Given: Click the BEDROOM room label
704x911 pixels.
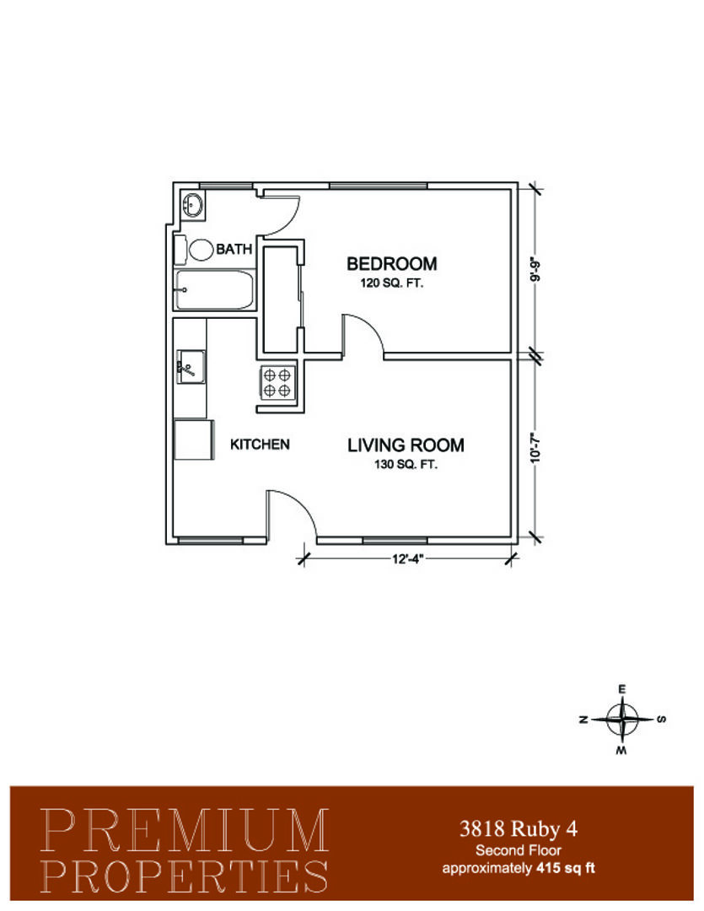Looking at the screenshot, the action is coord(391,264).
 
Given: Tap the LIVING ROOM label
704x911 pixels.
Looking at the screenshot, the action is coord(406,445).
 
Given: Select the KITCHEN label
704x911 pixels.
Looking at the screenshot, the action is coord(260,445).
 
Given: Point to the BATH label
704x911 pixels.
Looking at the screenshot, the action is coord(234,249).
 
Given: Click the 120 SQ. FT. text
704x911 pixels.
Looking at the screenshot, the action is coord(392,284).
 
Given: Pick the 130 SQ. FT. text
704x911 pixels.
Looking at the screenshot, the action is coord(406,465).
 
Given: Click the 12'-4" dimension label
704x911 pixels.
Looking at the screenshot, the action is coord(408,559).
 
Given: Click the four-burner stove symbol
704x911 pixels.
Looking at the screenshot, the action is coord(277,383).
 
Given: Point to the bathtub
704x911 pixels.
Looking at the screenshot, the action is coord(214,290).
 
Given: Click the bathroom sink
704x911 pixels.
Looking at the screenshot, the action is coord(192,205).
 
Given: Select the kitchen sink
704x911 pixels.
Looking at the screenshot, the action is coord(191,367).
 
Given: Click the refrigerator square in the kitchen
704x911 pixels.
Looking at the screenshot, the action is coord(194,439).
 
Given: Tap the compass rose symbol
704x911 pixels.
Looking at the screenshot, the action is coord(622,720).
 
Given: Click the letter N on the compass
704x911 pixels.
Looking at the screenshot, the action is coord(583,720).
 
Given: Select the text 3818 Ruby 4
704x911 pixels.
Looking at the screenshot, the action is coord(519,828).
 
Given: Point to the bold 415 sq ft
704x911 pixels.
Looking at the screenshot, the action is coord(565,869).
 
